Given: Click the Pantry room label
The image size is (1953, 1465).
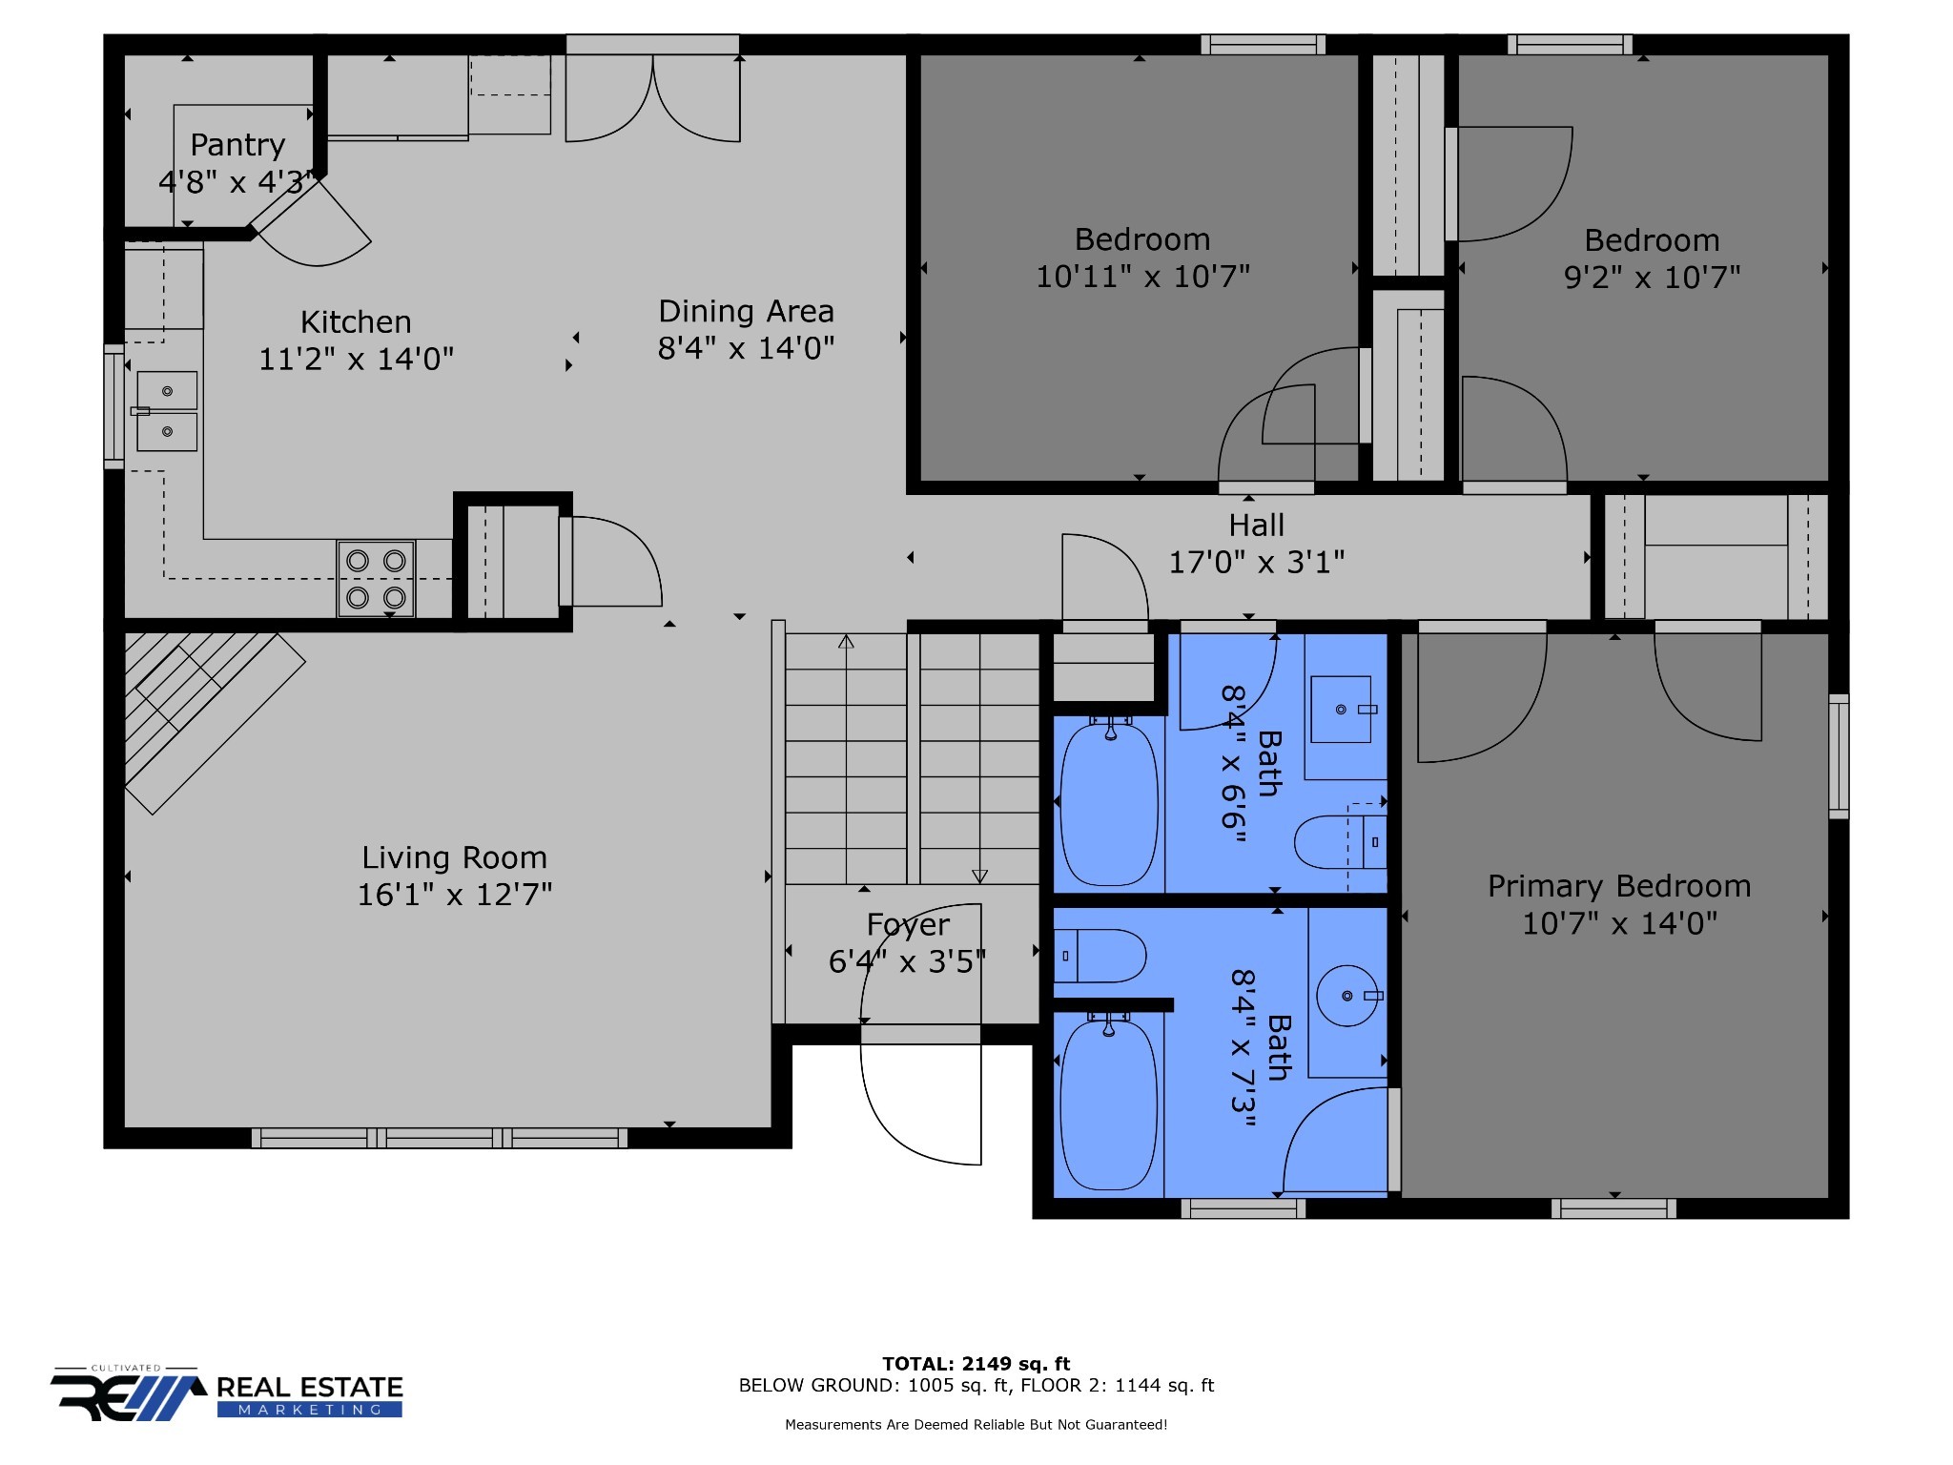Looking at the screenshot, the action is [237, 145].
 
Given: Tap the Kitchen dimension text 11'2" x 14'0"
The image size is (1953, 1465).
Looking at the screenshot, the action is [357, 360].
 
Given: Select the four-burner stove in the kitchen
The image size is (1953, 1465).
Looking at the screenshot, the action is [376, 579].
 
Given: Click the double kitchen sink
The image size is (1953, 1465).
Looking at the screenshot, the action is [167, 411].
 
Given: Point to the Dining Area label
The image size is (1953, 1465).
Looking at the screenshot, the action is [746, 312].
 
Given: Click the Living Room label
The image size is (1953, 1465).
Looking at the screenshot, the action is [454, 858].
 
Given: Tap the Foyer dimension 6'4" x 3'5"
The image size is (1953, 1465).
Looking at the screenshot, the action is [907, 961].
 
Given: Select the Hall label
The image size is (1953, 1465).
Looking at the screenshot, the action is [1256, 526].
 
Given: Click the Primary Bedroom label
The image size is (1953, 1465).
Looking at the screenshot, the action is [1619, 887].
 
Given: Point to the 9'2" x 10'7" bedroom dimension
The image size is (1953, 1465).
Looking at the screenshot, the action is [1652, 278].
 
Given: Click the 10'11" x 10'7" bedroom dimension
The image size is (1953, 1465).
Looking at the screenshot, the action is [1142, 277].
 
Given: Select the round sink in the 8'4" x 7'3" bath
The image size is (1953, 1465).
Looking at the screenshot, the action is [1347, 996].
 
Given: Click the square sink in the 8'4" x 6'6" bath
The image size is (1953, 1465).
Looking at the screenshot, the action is [1341, 710].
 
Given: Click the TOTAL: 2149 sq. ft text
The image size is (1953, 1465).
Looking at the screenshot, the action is [976, 1364].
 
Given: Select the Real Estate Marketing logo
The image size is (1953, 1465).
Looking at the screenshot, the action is [227, 1394].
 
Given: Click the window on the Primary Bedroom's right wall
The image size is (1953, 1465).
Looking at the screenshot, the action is [1839, 756].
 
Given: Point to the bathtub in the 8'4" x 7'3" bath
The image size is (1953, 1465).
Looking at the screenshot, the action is [1109, 1104].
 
